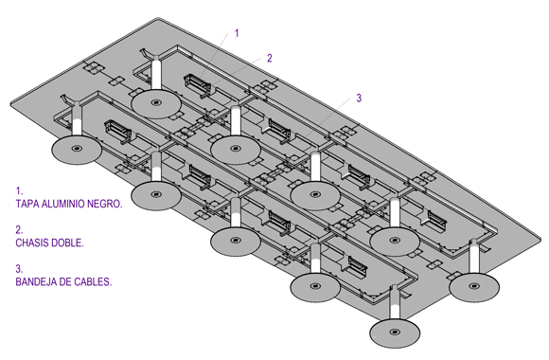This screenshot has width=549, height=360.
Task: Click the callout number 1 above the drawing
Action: [237, 34]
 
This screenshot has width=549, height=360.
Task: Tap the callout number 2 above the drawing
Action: [269, 58]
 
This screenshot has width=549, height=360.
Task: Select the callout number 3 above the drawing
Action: [359, 99]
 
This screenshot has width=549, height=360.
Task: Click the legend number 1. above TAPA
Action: [19, 191]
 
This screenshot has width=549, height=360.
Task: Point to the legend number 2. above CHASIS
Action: [19, 230]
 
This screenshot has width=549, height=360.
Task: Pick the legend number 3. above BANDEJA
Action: [19, 269]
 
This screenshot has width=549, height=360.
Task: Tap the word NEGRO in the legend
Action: [105, 204]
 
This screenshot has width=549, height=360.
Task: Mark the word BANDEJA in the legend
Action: [36, 281]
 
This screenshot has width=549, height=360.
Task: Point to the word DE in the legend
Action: [64, 281]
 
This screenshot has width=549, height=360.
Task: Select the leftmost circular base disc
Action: [77, 149]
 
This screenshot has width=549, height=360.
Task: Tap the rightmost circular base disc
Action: [474, 287]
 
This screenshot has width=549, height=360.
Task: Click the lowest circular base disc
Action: [395, 333]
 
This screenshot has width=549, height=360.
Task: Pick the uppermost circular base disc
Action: [156, 103]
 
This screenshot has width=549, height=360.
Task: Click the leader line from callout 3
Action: [328, 118]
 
